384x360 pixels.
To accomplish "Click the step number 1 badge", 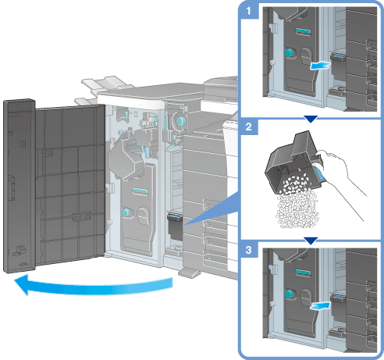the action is click(249, 11).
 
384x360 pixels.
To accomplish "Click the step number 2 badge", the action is click(249, 127).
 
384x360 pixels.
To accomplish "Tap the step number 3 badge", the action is click(249, 250).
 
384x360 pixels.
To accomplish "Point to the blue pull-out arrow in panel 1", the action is click(320, 66).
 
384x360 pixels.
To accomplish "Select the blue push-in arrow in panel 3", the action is click(320, 306).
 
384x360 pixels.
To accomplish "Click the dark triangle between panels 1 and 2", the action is click(311, 119).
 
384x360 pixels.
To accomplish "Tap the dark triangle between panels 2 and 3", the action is click(311, 241).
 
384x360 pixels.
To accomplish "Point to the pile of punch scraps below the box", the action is click(297, 212).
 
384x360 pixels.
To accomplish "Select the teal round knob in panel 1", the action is click(289, 52).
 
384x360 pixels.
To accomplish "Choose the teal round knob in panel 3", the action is click(289, 294).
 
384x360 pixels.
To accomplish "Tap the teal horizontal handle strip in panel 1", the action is click(303, 31).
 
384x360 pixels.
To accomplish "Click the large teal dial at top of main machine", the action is click(181, 121).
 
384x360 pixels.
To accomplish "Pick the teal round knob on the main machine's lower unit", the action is click(126, 212).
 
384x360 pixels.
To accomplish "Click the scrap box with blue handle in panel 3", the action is click(338, 307).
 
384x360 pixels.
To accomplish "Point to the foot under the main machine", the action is click(190, 273).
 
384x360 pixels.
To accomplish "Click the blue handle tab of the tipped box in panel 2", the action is click(320, 174).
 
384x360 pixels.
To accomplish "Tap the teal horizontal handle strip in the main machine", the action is click(140, 191).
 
